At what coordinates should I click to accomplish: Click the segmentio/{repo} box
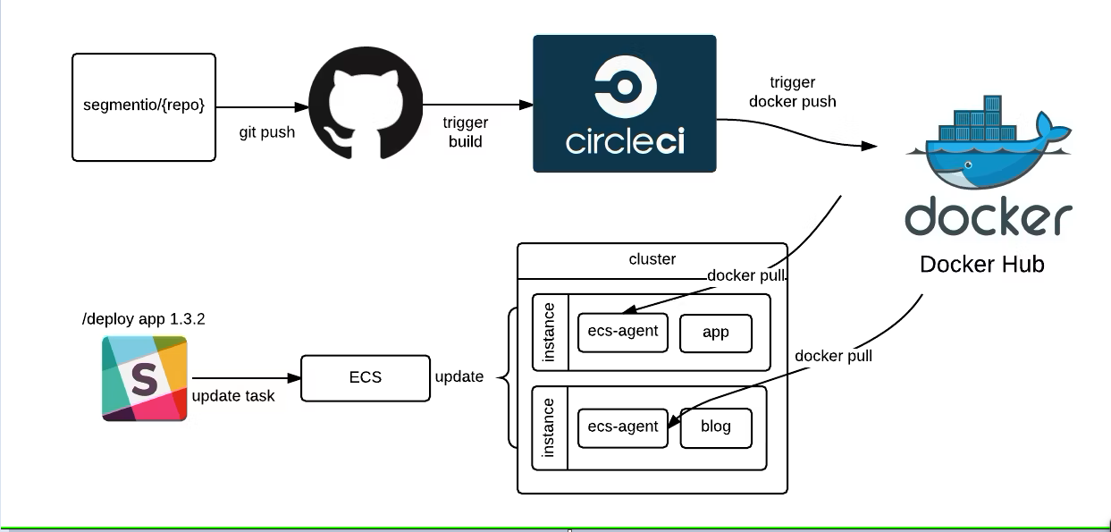point(144,107)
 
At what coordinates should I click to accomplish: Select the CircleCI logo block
point(624,104)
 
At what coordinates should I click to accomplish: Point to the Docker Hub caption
point(981,265)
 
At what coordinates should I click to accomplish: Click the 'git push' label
point(267,132)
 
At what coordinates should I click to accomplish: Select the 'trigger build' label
point(465,132)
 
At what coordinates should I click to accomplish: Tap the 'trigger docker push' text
point(792,92)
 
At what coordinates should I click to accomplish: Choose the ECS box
point(365,377)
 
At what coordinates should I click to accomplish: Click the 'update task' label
point(232,396)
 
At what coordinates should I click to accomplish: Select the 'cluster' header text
point(652,259)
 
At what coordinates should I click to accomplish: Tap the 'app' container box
point(716,333)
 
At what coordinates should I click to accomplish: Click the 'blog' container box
point(716,427)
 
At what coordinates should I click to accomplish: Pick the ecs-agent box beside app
point(623,332)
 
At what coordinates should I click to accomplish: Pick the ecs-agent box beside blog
point(623,427)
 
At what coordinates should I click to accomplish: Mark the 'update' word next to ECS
point(459,377)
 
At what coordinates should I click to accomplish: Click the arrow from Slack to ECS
point(243,378)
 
